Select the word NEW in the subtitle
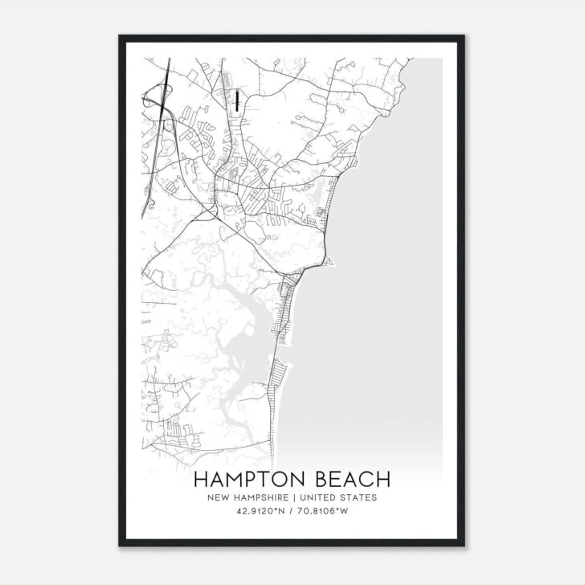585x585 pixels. (218, 497)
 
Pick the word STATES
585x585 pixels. (361, 497)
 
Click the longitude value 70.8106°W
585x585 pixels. (327, 510)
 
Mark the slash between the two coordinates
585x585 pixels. (292, 510)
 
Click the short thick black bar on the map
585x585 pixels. (239, 100)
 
